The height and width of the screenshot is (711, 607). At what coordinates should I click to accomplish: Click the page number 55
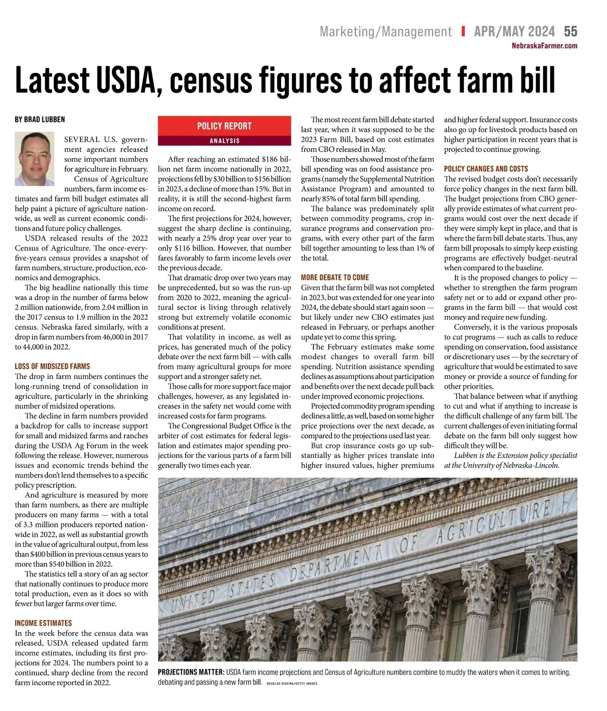click(x=570, y=31)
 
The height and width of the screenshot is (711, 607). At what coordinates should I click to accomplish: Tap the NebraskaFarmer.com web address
click(x=544, y=46)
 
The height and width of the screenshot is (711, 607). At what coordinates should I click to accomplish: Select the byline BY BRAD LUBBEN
click(x=40, y=119)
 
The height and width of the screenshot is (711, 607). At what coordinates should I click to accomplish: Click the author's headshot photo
click(x=34, y=158)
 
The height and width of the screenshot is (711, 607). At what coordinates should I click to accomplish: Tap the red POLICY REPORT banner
click(x=224, y=126)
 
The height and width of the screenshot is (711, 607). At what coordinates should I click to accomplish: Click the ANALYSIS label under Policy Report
click(x=224, y=141)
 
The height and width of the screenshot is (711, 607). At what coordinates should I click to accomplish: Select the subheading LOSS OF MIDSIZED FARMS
click(x=53, y=366)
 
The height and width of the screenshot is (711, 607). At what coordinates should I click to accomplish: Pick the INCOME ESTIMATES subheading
click(x=44, y=623)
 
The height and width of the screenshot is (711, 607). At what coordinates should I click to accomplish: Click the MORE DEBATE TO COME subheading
click(x=335, y=277)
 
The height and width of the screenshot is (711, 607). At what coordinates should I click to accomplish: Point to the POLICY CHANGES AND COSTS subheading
click(x=486, y=169)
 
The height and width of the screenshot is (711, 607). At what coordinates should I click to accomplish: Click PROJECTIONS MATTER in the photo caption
click(x=191, y=672)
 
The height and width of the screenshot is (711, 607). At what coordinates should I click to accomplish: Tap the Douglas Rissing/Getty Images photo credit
click(x=292, y=683)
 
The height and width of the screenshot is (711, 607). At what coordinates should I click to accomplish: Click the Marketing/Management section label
click(x=385, y=31)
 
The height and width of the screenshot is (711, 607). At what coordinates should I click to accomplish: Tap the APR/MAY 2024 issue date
click(x=514, y=31)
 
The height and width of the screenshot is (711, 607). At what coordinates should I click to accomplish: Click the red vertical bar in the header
click(x=463, y=31)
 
